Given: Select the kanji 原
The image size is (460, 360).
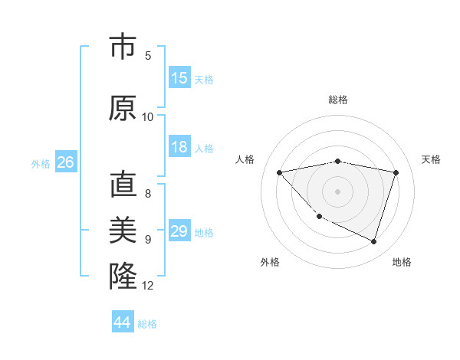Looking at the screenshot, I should (123, 108).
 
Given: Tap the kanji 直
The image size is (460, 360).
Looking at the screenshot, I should (123, 185).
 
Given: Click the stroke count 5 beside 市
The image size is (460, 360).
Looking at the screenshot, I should (148, 56).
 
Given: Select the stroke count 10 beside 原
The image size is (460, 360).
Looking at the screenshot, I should (148, 117).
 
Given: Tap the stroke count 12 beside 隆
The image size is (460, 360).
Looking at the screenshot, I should (148, 286).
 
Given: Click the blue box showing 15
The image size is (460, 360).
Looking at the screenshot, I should (179, 78).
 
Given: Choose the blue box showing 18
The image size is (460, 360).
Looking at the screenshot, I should (179, 147).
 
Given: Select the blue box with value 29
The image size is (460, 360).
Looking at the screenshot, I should (179, 231).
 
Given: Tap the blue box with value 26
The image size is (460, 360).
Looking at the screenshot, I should (65, 162).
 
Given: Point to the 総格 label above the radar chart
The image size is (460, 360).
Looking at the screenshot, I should (338, 100).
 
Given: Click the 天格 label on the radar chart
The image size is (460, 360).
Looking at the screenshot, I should (431, 159).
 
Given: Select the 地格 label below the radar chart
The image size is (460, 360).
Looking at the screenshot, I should (402, 262).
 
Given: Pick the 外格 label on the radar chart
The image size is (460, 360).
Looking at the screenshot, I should (270, 262).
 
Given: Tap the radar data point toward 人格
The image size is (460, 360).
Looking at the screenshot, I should (280, 172).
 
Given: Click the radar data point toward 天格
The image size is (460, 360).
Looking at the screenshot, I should (396, 172).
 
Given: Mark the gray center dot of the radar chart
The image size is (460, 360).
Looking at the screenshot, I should (337, 191).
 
